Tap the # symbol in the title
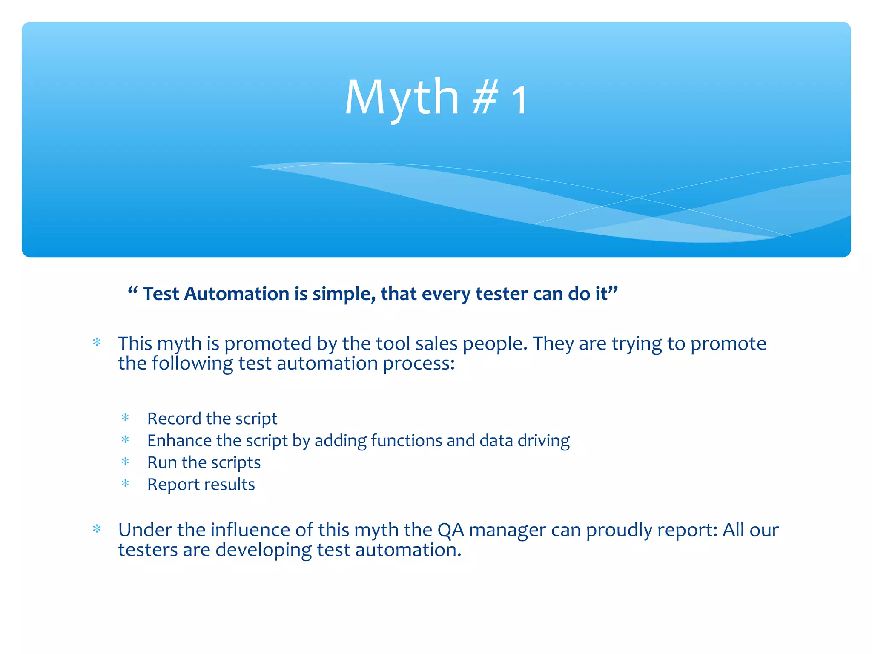[x=485, y=99]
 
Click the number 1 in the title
[x=519, y=100]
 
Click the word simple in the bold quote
[x=343, y=294]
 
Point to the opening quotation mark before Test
[x=132, y=291]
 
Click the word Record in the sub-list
[x=174, y=419]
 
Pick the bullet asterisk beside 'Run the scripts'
[x=125, y=462]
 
